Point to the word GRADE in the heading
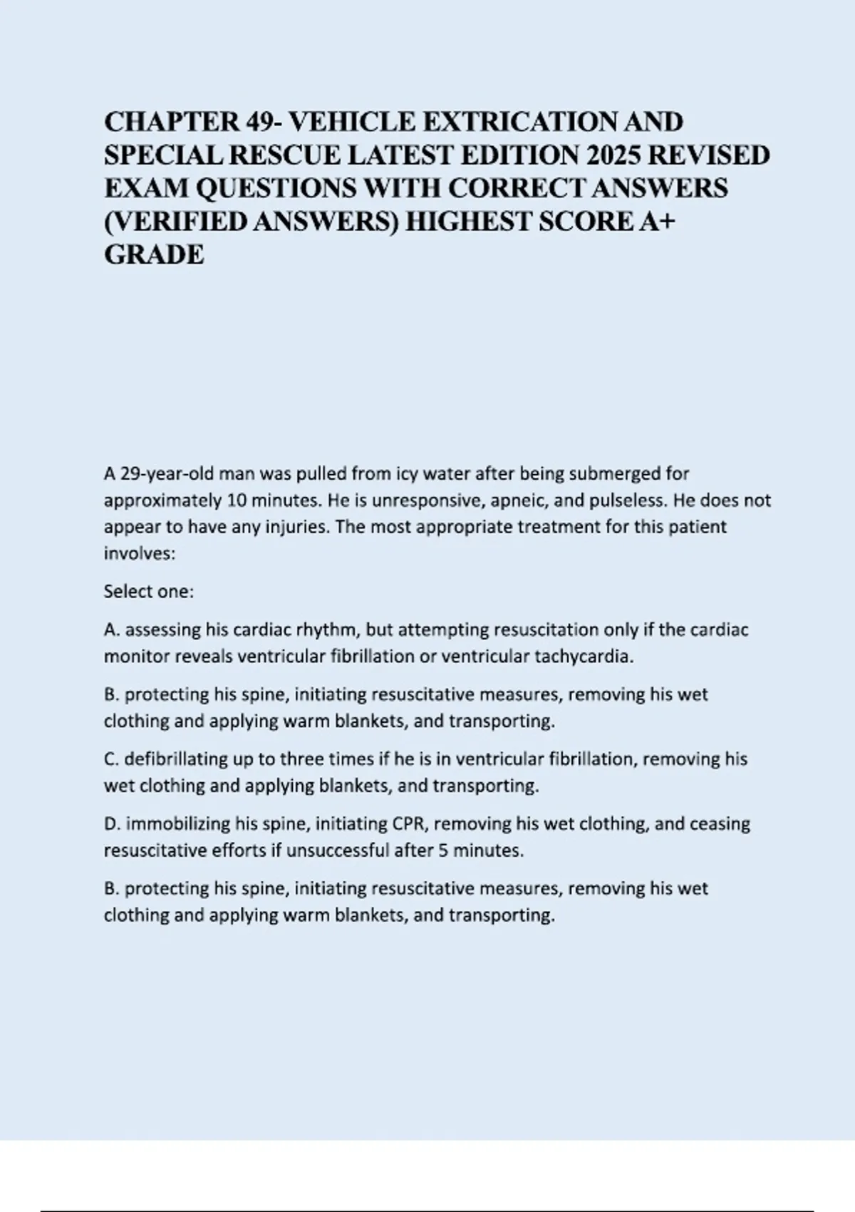point(154,255)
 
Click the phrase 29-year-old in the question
point(165,473)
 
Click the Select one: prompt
point(149,591)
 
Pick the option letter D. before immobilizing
point(113,823)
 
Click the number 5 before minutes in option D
point(443,850)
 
